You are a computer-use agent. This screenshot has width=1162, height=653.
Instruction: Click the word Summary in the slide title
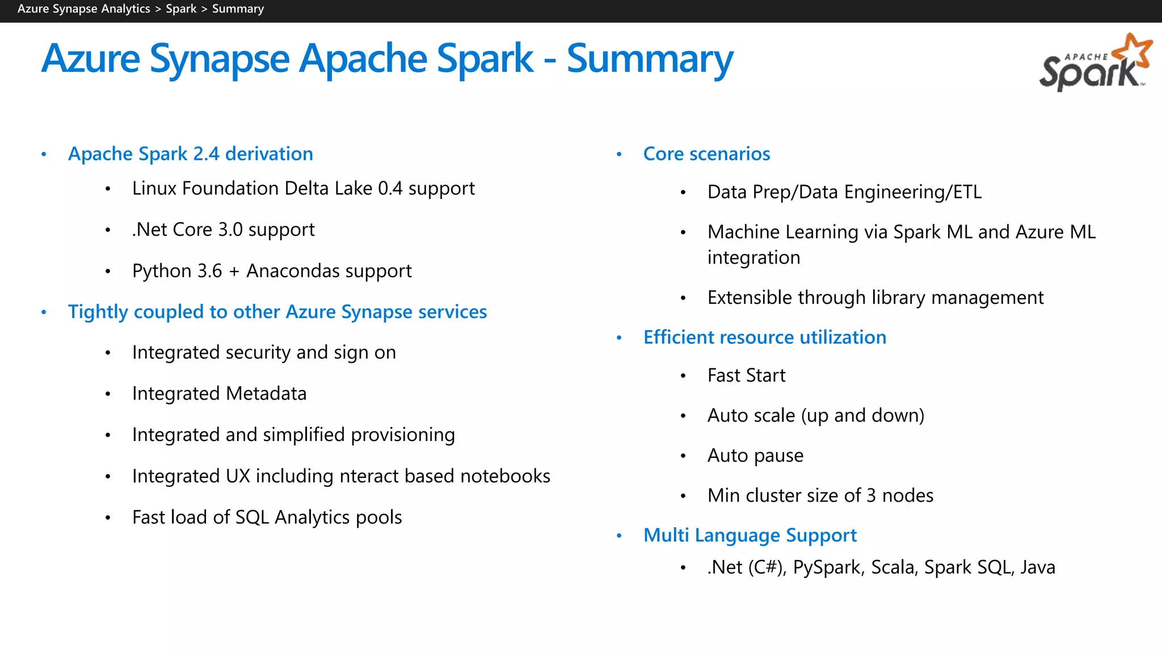tap(650, 59)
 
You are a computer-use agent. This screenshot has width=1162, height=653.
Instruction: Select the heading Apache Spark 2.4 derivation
tap(190, 154)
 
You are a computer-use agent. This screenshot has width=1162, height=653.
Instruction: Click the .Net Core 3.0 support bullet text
tap(223, 230)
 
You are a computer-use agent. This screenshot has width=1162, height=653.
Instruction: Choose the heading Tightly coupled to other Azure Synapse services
tap(277, 312)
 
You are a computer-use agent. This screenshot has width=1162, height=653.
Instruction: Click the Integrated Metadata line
tap(219, 393)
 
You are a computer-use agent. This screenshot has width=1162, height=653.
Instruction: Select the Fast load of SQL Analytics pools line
tap(267, 518)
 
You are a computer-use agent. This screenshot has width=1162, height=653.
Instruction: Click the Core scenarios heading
tap(706, 154)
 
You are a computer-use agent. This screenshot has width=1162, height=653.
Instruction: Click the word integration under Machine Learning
tap(753, 257)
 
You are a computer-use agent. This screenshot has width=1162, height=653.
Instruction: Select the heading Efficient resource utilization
tap(764, 337)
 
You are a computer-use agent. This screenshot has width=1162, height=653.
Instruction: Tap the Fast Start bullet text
tap(746, 375)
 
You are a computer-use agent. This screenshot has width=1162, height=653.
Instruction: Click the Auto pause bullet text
tap(755, 455)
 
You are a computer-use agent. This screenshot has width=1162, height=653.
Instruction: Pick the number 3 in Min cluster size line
tap(871, 495)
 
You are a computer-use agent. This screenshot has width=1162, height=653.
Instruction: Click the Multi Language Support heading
tap(750, 535)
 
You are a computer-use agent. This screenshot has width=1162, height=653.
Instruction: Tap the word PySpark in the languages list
tap(826, 567)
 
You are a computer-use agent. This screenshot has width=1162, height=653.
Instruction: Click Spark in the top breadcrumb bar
tap(181, 9)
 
